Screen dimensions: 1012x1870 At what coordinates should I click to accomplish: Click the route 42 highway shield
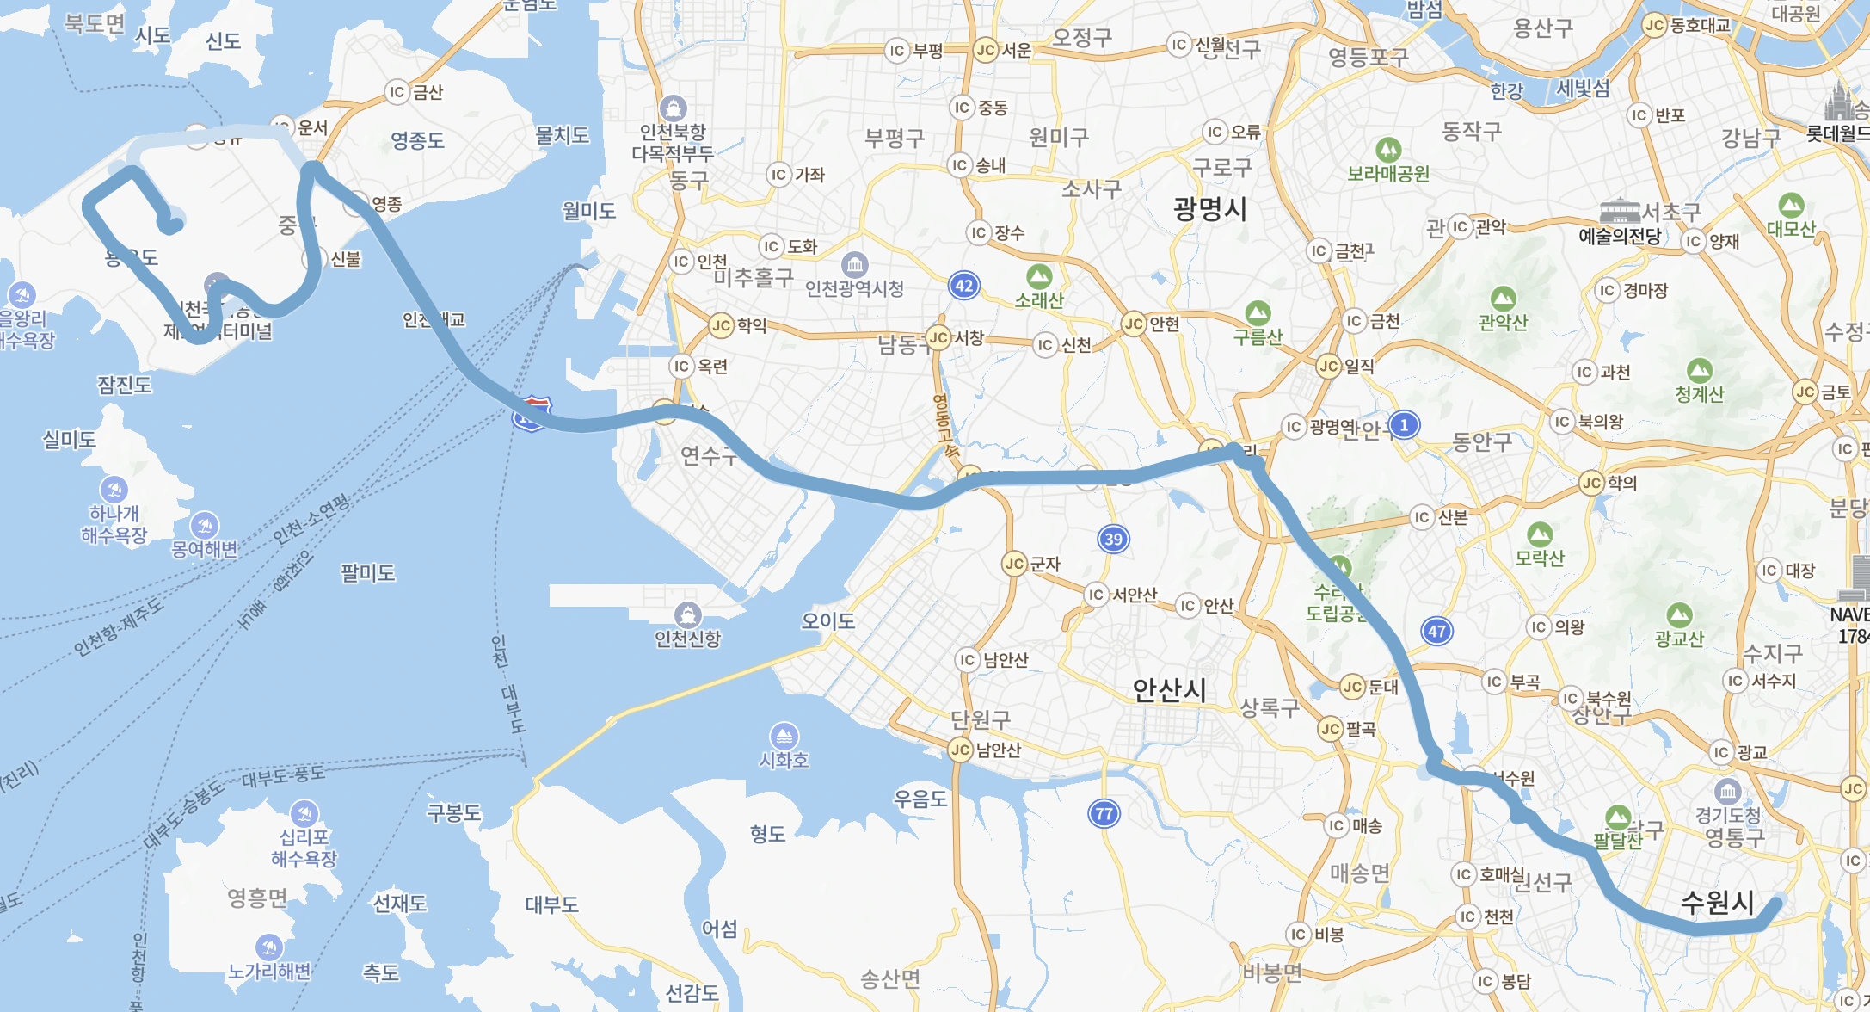pyautogui.click(x=964, y=286)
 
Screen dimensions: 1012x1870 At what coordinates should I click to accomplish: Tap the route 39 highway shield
pyautogui.click(x=1113, y=539)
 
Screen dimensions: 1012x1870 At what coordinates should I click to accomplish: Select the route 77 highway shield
pyautogui.click(x=1104, y=813)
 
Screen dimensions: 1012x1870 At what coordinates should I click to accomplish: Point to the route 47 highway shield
pyautogui.click(x=1436, y=631)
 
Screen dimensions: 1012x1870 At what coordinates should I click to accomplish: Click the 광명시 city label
pyautogui.click(x=1209, y=209)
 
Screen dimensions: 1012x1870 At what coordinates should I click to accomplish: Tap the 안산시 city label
pyautogui.click(x=1169, y=689)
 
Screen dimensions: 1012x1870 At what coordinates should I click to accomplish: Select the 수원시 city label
pyautogui.click(x=1717, y=902)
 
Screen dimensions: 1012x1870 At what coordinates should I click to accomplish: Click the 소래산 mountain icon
pyautogui.click(x=1039, y=277)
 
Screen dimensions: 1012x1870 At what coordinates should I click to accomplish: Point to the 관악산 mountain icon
pyautogui.click(x=1503, y=299)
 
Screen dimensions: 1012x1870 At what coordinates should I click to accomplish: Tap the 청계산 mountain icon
pyautogui.click(x=1700, y=371)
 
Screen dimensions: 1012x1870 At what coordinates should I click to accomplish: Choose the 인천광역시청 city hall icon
pyautogui.click(x=854, y=264)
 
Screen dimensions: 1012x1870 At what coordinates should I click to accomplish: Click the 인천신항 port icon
pyautogui.click(x=687, y=615)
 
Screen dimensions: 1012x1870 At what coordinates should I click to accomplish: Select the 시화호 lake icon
pyautogui.click(x=784, y=736)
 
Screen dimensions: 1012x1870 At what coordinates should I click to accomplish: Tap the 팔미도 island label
pyautogui.click(x=367, y=573)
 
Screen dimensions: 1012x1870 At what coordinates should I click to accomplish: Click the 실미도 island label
pyautogui.click(x=69, y=440)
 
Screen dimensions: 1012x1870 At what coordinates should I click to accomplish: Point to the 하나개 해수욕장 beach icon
pyautogui.click(x=114, y=490)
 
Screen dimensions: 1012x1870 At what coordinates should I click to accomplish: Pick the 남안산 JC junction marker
pyautogui.click(x=961, y=750)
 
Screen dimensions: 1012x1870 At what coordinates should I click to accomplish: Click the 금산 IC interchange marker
pyautogui.click(x=397, y=92)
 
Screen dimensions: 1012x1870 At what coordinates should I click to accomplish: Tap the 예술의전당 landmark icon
pyautogui.click(x=1619, y=211)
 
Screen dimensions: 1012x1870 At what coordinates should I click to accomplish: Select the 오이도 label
pyautogui.click(x=827, y=620)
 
